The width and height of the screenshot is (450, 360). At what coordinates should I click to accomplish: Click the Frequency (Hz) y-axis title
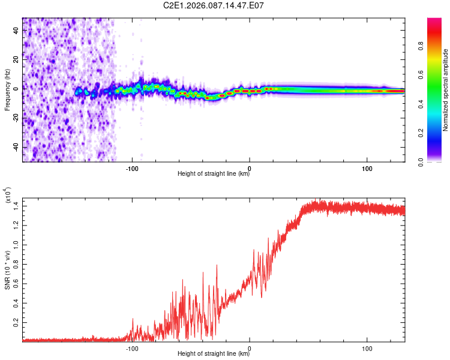coord(7,90)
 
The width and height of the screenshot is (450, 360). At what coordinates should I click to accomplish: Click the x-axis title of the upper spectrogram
coord(214,174)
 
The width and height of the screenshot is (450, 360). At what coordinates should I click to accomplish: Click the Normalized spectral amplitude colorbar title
coord(446,90)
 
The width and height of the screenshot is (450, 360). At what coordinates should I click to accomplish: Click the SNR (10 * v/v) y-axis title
coord(7,269)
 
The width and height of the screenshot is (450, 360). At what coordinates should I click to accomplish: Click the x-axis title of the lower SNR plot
coord(214,354)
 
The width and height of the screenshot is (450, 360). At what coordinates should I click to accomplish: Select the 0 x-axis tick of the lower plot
coord(250,347)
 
